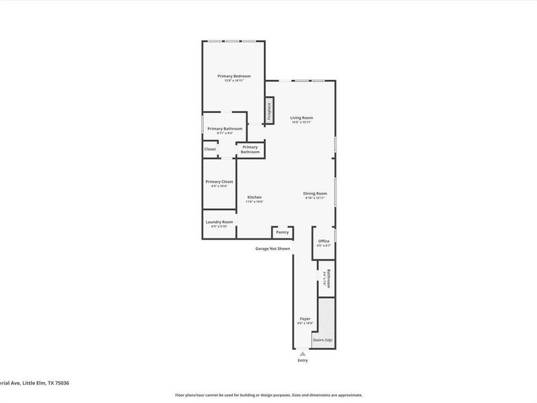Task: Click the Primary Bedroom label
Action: (234, 76)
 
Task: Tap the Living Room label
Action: (302, 118)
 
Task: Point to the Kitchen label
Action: (254, 197)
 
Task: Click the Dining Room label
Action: (315, 193)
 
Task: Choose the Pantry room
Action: (282, 232)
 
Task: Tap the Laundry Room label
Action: (219, 222)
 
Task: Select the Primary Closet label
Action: (219, 181)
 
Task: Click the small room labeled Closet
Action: (210, 149)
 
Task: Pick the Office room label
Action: (324, 241)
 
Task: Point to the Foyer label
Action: (305, 318)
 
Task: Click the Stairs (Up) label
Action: (323, 341)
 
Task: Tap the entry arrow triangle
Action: (302, 353)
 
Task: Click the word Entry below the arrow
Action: (302, 361)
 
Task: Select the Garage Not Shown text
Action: (273, 249)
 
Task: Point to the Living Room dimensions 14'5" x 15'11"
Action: (302, 122)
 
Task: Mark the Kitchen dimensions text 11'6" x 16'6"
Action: (254, 201)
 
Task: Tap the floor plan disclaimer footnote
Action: (268, 395)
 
